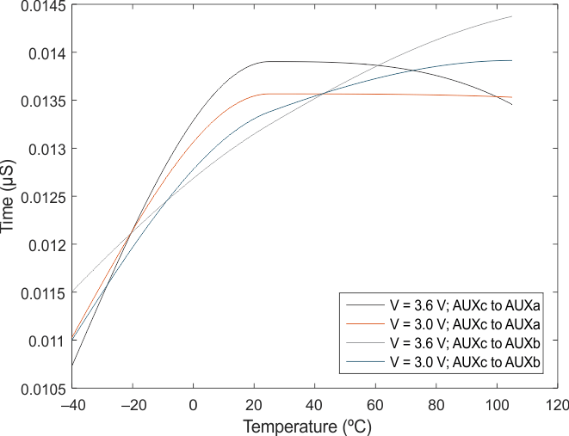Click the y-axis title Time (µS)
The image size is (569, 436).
coord(9,196)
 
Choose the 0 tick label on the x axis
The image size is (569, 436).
coord(193,405)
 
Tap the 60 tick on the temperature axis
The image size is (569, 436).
coord(374,405)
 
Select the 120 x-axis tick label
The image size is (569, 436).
coord(556,405)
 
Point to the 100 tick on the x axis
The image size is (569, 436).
coord(496,405)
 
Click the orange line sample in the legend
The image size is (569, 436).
coord(365,325)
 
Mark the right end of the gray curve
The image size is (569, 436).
coord(512,16)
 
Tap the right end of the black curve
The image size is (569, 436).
coord(512,105)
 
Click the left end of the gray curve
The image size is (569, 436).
coord(72,292)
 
